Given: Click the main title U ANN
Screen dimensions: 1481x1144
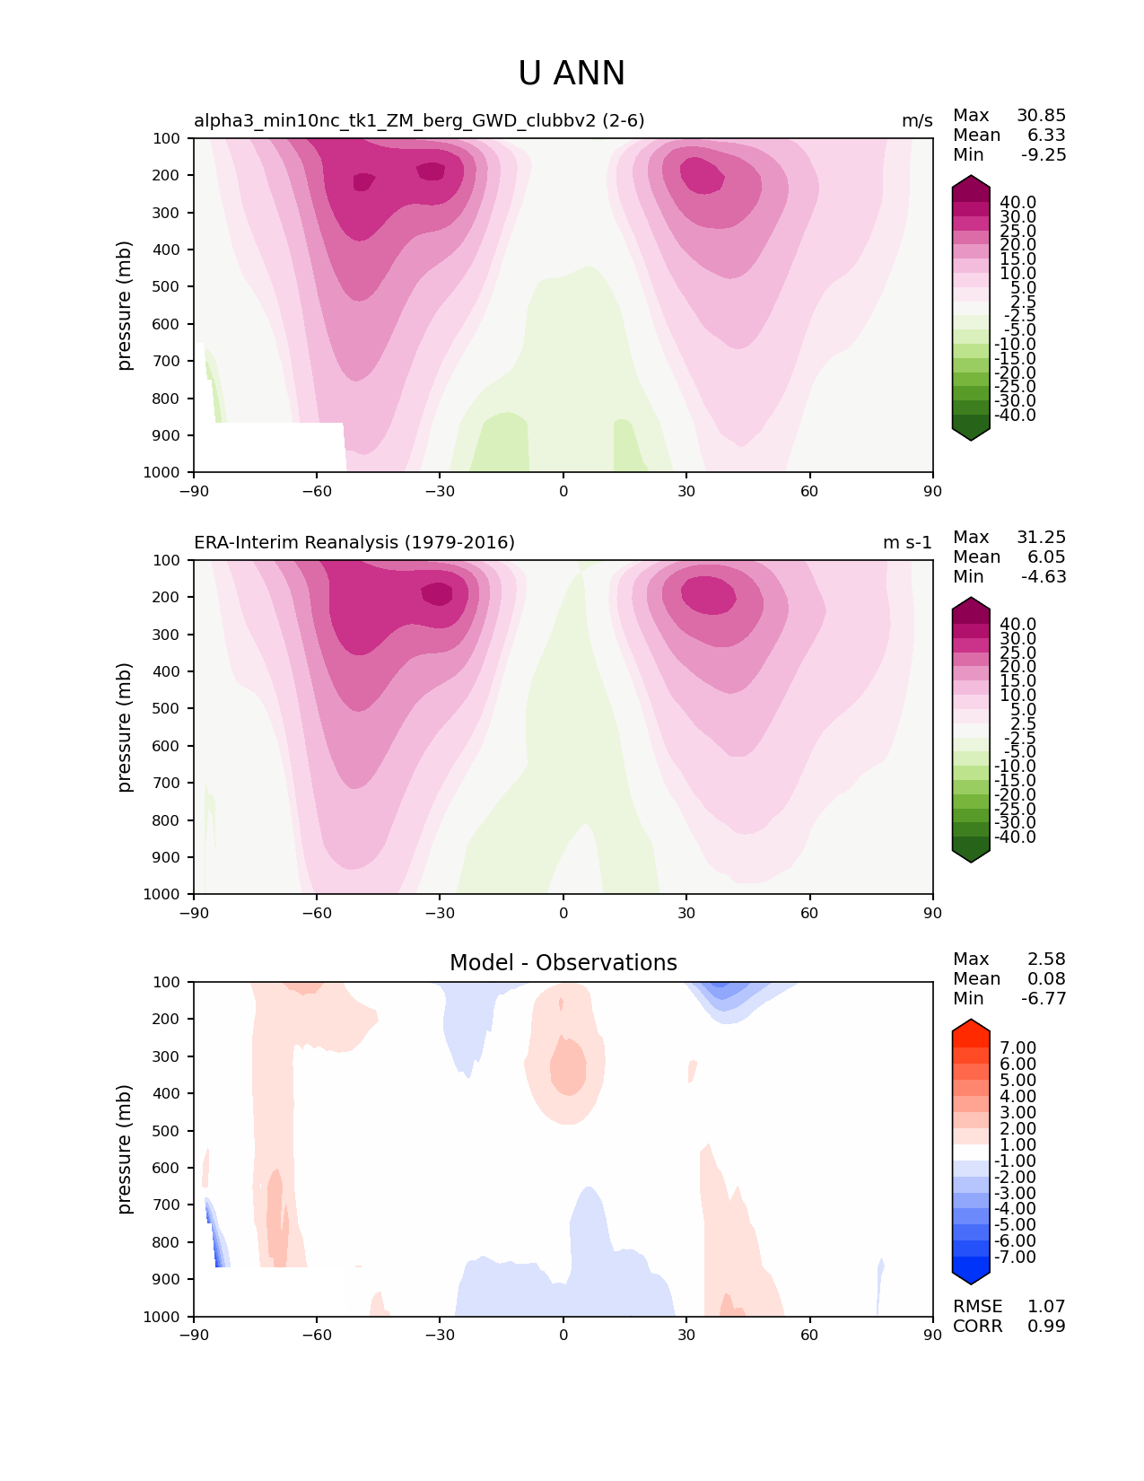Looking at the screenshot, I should (572, 74).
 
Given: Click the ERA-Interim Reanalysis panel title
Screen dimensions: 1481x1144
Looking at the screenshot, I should (354, 543).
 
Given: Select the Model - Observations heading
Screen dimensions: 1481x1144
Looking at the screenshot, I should (563, 963).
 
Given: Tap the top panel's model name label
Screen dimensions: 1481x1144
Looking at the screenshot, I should (419, 121).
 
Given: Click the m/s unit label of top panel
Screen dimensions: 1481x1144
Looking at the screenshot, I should (917, 121).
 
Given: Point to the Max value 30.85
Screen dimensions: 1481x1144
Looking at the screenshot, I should (1041, 116).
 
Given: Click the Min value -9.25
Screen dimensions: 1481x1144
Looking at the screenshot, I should (1044, 155).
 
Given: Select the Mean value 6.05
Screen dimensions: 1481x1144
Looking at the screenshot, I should (1046, 557).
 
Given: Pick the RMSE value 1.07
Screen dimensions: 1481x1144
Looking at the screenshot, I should (1046, 1307).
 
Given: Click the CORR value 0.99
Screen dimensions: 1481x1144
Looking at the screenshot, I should (1046, 1327).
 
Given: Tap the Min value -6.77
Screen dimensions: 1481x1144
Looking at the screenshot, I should (1044, 999).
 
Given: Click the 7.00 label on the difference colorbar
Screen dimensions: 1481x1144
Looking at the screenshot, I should (1017, 1048).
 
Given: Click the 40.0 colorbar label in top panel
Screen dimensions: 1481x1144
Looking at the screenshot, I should (1017, 203).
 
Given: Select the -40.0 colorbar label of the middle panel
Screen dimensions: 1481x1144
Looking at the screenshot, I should (1015, 837).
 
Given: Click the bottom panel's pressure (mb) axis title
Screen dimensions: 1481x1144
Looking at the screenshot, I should (125, 1149).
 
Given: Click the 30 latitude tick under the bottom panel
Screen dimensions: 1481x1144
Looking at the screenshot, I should (686, 1335).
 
